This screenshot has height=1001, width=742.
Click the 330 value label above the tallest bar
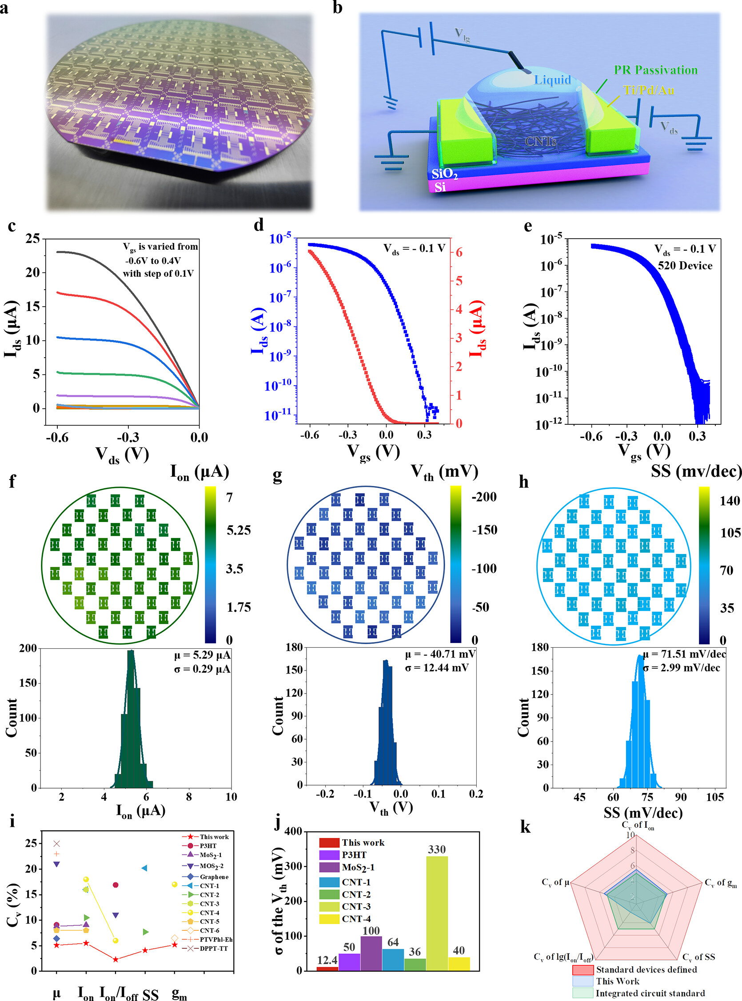[437, 849]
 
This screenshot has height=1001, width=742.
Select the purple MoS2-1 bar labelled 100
[371, 953]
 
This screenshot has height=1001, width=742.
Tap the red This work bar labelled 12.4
[327, 968]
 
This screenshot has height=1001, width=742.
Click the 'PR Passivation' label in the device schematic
[655, 70]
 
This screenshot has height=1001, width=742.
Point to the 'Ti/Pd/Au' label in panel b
[649, 90]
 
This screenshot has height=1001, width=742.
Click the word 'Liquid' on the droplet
[552, 80]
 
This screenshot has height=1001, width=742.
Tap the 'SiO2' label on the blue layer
[444, 174]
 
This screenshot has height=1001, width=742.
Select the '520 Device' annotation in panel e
[685, 265]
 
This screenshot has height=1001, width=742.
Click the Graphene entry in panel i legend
[214, 877]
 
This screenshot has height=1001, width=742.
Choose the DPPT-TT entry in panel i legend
[214, 949]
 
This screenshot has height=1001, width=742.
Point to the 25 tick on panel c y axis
[32, 239]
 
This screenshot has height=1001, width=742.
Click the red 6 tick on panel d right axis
[459, 252]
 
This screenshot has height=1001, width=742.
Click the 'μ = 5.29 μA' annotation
[202, 655]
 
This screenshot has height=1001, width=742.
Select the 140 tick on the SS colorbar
[730, 501]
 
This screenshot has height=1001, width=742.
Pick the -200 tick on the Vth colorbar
[484, 497]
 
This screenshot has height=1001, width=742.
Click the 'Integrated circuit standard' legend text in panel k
[650, 993]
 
